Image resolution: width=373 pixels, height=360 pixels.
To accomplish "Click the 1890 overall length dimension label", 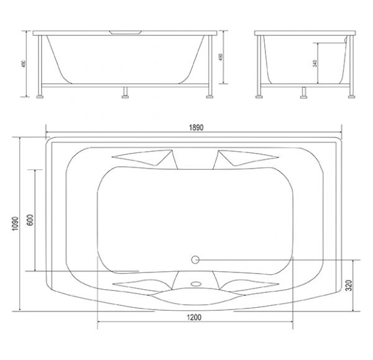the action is (x=196, y=127).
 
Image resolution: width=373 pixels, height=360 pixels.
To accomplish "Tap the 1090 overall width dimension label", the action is (x=15, y=223).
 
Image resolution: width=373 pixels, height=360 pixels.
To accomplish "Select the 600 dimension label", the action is (x=30, y=220).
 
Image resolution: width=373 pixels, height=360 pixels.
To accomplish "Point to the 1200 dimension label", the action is (x=194, y=317).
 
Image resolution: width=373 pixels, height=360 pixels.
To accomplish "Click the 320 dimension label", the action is (x=349, y=285).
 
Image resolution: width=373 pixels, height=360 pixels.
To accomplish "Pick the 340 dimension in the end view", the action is (x=315, y=63).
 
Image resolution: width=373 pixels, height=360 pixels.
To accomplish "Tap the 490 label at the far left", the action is (x=24, y=64).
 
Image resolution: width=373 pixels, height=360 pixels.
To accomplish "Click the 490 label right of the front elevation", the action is (x=221, y=57).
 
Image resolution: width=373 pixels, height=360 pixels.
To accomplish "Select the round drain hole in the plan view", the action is (x=195, y=260).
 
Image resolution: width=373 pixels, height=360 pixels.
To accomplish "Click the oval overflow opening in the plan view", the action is (x=196, y=284).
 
